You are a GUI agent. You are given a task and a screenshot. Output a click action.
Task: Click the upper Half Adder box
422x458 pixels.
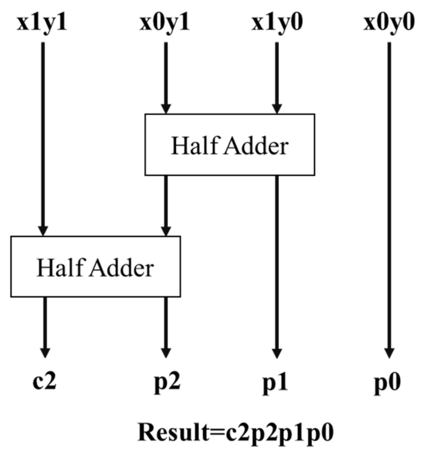tap(229, 145)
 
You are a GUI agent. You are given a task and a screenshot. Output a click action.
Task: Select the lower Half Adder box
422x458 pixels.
tap(96, 267)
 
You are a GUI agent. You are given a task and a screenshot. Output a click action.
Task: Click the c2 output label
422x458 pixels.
tap(45, 381)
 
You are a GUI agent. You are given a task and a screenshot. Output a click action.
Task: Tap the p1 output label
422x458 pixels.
tap(275, 383)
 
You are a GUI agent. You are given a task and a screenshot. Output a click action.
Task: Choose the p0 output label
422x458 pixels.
tap(387, 383)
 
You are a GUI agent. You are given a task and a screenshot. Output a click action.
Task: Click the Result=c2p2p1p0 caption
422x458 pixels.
tap(236, 432)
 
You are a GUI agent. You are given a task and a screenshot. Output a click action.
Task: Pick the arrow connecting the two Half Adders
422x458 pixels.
tap(166, 205)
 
